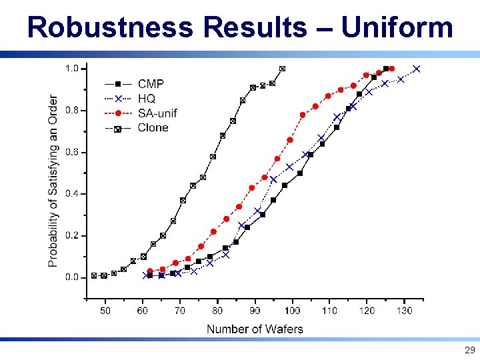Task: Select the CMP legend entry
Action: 151,83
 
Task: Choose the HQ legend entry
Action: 147,98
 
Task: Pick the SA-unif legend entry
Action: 157,113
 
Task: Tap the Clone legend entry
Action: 153,127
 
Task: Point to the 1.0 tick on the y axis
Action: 71,69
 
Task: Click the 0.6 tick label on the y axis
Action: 71,152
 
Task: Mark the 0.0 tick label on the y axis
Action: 71,277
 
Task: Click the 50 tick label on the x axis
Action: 105,311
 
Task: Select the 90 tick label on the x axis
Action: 255,311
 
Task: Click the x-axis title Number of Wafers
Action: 255,329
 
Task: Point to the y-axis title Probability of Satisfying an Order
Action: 53,181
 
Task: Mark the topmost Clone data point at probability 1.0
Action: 282,69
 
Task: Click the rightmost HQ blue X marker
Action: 417,69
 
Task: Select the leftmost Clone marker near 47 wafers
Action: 94,275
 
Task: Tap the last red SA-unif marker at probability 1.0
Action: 391,69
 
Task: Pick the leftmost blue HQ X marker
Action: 146,275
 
